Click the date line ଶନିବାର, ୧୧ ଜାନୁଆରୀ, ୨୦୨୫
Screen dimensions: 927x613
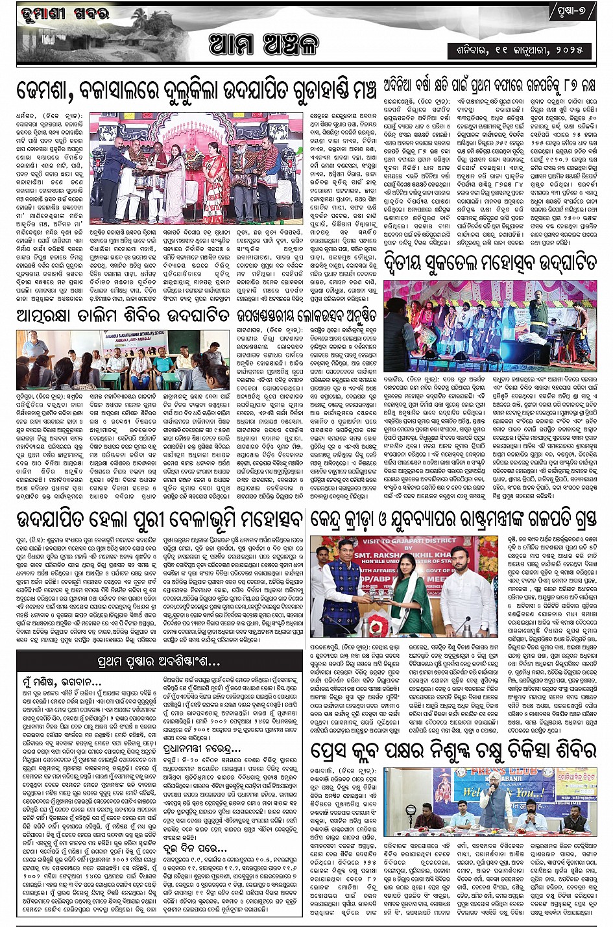pyautogui.click(x=516, y=49)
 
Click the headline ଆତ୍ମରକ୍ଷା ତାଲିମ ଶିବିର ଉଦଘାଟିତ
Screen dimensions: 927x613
pyautogui.click(x=123, y=316)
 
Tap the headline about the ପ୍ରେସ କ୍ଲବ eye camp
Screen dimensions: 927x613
pyautogui.click(x=452, y=751)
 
